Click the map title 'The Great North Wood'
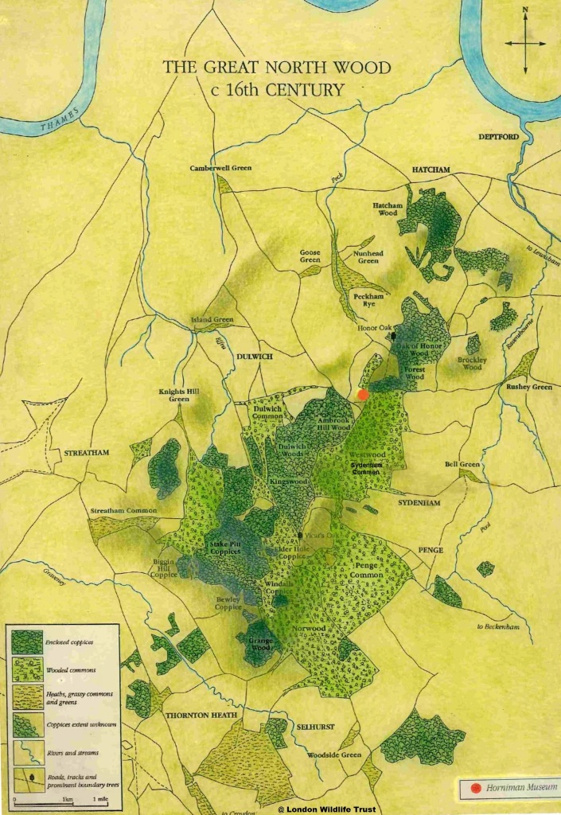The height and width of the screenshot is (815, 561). tap(277, 68)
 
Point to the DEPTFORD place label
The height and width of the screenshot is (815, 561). tap(498, 137)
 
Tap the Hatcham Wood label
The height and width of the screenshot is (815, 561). tap(385, 209)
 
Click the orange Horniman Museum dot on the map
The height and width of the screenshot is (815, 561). tap(364, 394)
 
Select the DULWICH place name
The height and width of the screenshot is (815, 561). tap(255, 357)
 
